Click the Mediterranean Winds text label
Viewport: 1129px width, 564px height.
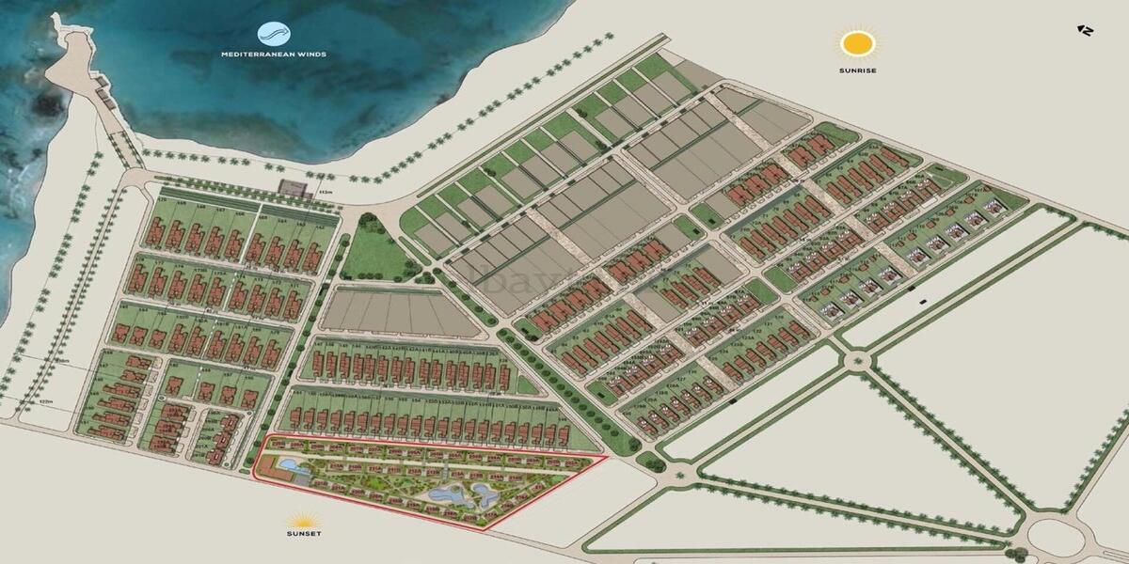click(x=274, y=55)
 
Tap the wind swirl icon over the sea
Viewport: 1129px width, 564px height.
click(x=274, y=34)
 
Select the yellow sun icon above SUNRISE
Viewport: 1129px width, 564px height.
click(x=858, y=43)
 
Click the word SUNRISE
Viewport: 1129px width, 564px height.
click(x=857, y=70)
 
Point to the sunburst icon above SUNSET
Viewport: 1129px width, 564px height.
click(x=305, y=519)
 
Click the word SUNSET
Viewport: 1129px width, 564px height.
click(x=305, y=534)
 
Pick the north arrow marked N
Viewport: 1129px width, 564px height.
click(x=1085, y=30)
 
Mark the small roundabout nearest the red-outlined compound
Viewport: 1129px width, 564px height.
click(x=650, y=460)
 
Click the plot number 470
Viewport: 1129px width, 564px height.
click(x=159, y=201)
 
